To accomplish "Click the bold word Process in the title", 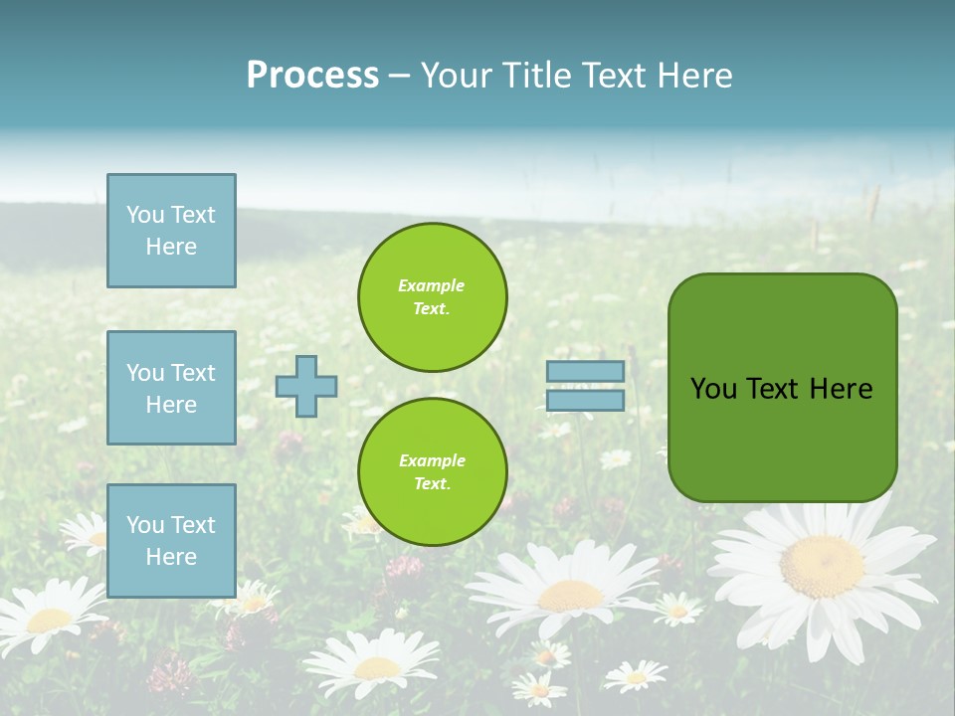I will click(312, 76).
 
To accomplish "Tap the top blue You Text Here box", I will click(171, 231).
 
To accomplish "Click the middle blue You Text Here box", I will click(171, 388).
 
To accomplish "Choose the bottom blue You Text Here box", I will click(171, 541).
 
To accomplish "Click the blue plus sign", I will click(306, 386).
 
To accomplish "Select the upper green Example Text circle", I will click(432, 297).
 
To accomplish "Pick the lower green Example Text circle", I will click(432, 472).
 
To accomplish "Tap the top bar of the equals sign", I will click(585, 372).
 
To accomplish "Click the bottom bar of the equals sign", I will click(585, 400).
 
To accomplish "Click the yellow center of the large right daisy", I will click(822, 566).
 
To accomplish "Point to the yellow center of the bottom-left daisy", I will click(48, 621).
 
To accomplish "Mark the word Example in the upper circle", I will click(432, 285).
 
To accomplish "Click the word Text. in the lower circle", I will click(432, 484).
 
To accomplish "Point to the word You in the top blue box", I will click(145, 215).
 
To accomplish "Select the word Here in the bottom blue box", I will click(171, 557).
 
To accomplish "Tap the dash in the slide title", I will click(399, 76).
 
